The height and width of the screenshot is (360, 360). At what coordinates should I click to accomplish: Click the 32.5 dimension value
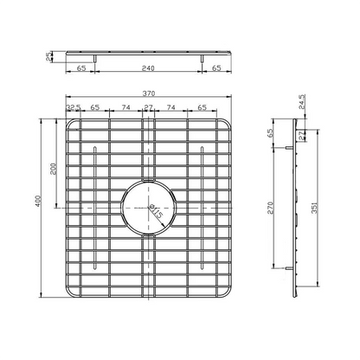point(74,108)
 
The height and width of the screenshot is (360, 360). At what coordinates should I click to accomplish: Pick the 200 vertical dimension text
point(53,168)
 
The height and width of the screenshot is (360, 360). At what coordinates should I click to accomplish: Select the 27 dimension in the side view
point(304,135)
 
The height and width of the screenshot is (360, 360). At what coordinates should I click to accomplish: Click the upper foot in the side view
point(286,148)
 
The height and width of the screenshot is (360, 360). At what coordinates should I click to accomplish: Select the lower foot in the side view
point(286,269)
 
